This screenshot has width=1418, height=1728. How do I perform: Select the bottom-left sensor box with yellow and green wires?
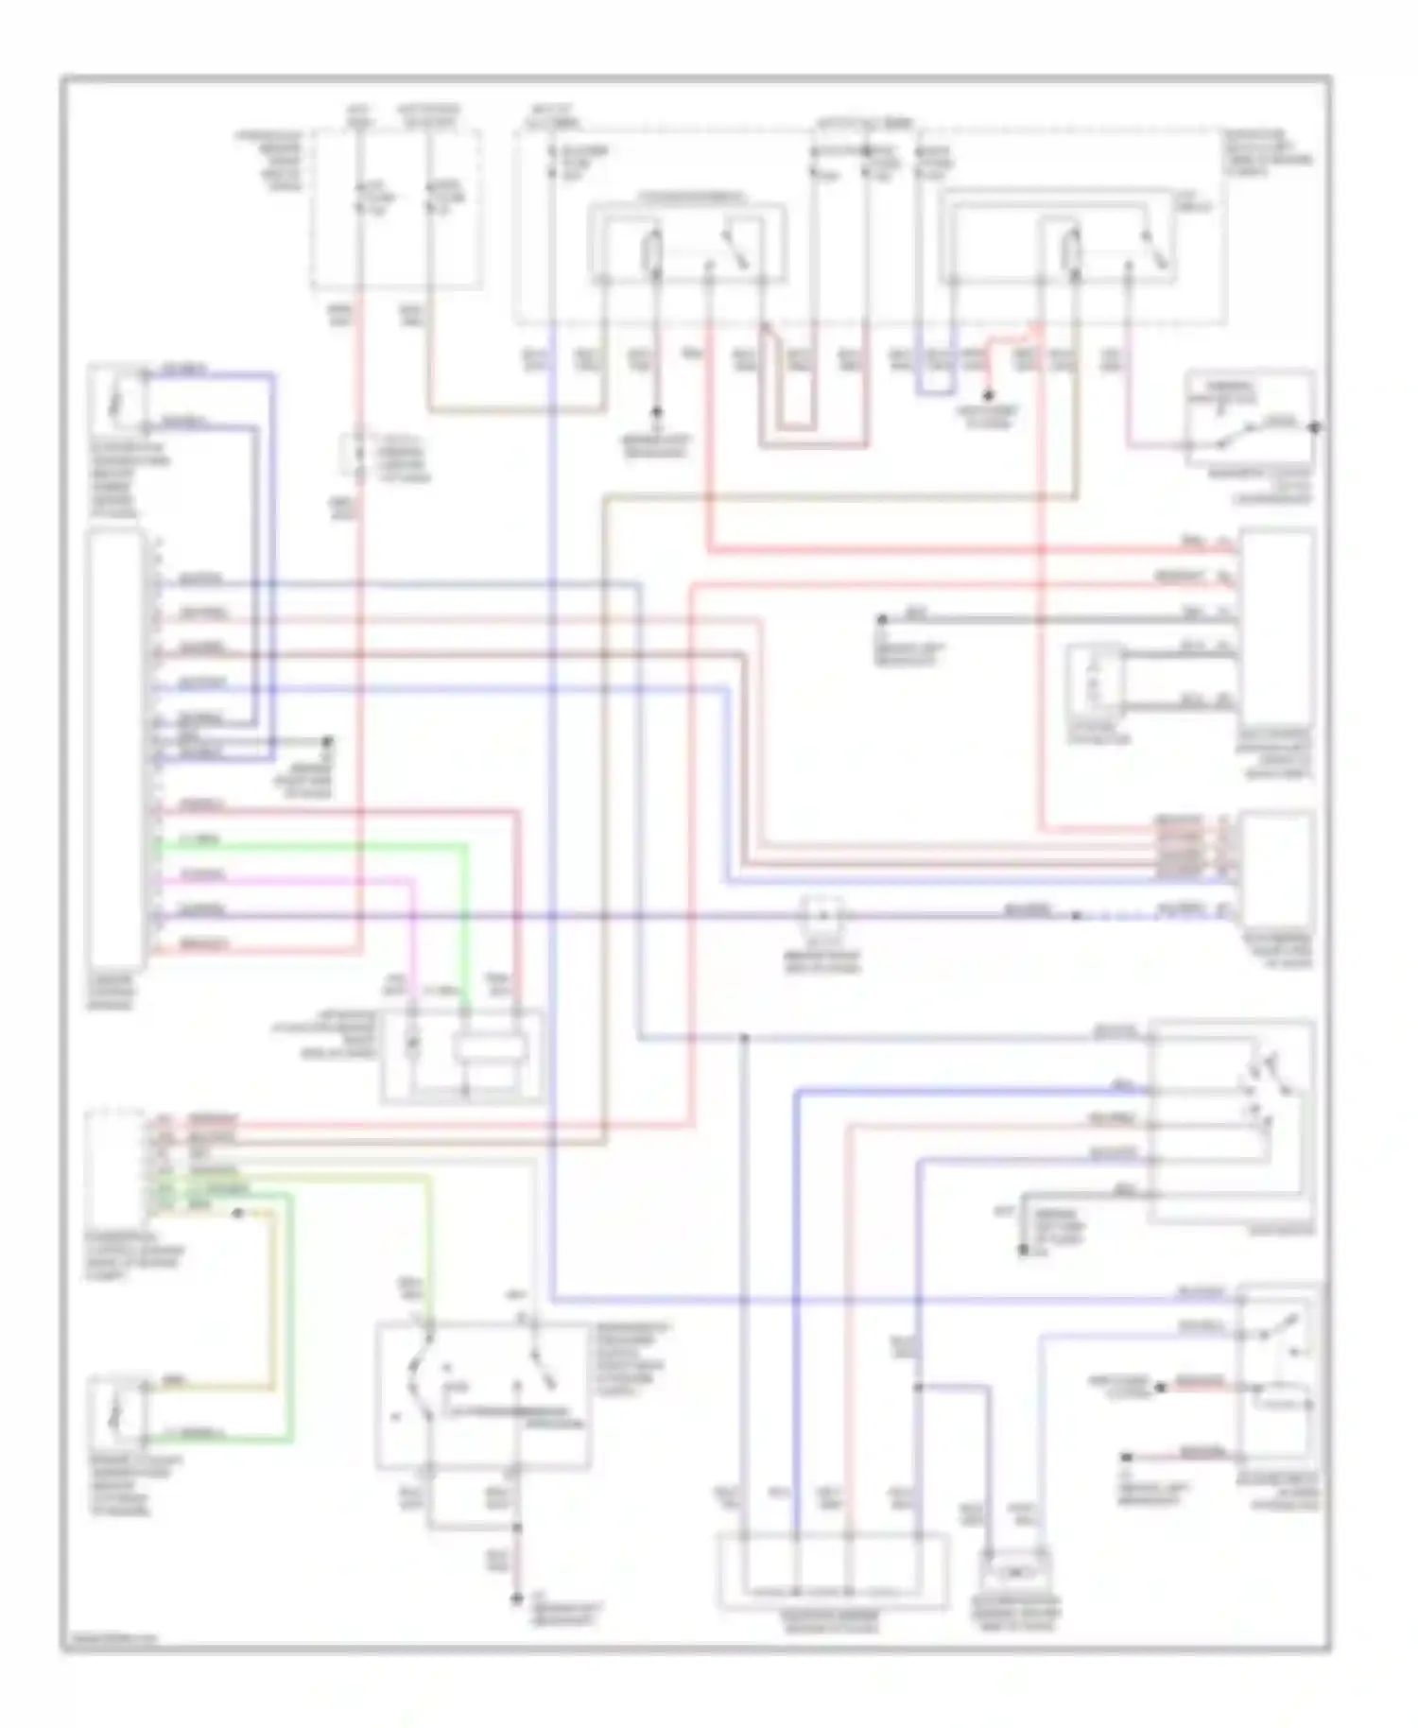pyautogui.click(x=115, y=1414)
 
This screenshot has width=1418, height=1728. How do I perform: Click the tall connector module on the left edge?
pyautogui.click(x=115, y=747)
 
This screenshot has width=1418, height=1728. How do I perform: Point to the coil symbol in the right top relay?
pyautogui.click(x=1072, y=251)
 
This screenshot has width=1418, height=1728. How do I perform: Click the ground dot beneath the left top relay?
pyautogui.click(x=656, y=413)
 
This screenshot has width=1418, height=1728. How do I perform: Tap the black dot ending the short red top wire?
pyautogui.click(x=989, y=394)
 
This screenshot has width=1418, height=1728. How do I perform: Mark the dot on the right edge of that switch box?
pyautogui.click(x=1315, y=427)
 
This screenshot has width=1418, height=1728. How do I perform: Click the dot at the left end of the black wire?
pyautogui.click(x=881, y=620)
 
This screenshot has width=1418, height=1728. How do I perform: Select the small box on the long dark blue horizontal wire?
pyautogui.click(x=822, y=915)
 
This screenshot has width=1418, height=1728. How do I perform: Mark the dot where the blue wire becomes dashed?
pyautogui.click(x=1077, y=916)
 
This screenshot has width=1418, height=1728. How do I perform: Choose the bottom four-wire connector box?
pyautogui.click(x=832, y=1570)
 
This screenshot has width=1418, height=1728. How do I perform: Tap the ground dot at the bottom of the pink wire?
pyautogui.click(x=516, y=1598)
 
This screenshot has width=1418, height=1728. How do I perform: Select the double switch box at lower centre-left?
pyautogui.click(x=482, y=1396)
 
